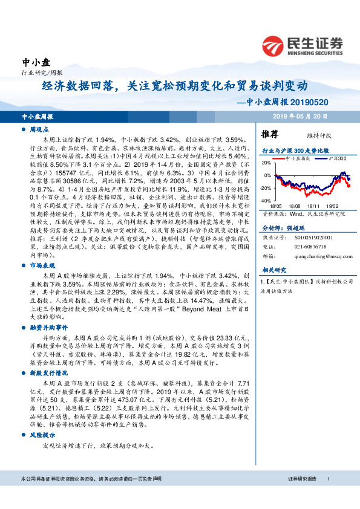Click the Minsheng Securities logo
click(x=302, y=44)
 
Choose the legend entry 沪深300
click(x=336, y=158)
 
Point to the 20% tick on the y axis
click(x=267, y=163)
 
